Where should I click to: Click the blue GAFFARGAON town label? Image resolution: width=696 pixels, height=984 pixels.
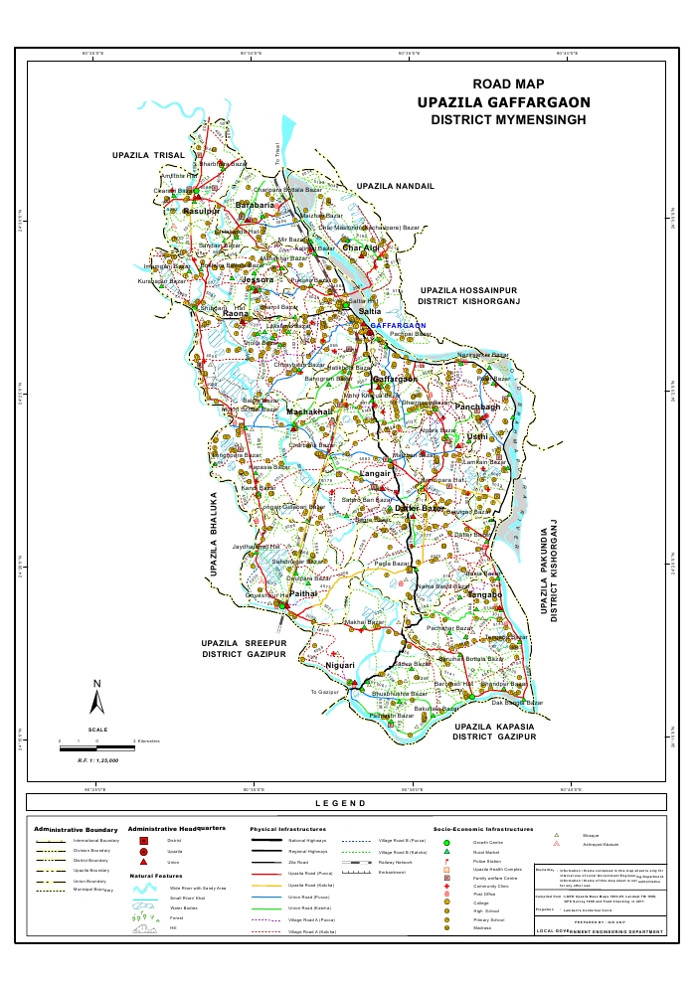398,325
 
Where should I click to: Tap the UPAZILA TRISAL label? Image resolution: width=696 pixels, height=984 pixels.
148,156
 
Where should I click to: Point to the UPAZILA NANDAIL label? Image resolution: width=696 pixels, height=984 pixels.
396,186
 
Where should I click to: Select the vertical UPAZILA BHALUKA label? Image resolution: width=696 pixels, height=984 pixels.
213,535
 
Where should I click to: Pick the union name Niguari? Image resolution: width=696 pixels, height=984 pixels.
340,665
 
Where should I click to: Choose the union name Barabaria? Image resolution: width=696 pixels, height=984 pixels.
254,205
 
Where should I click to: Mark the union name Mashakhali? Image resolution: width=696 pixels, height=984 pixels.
309,411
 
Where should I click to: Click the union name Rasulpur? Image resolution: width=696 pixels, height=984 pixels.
201,212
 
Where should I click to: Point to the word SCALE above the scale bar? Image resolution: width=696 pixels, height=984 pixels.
97,731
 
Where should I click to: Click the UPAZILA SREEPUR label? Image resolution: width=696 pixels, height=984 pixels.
244,643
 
